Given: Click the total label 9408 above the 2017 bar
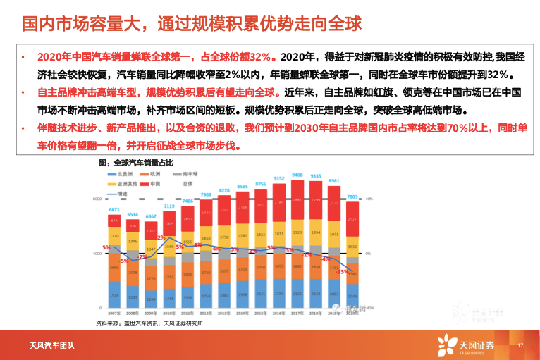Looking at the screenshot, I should [298, 175].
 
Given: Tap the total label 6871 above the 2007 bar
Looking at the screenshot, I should [114, 210].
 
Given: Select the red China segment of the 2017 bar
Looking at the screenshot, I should [297, 204].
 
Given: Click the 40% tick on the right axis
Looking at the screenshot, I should [369, 199].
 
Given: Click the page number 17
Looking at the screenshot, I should [520, 345].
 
